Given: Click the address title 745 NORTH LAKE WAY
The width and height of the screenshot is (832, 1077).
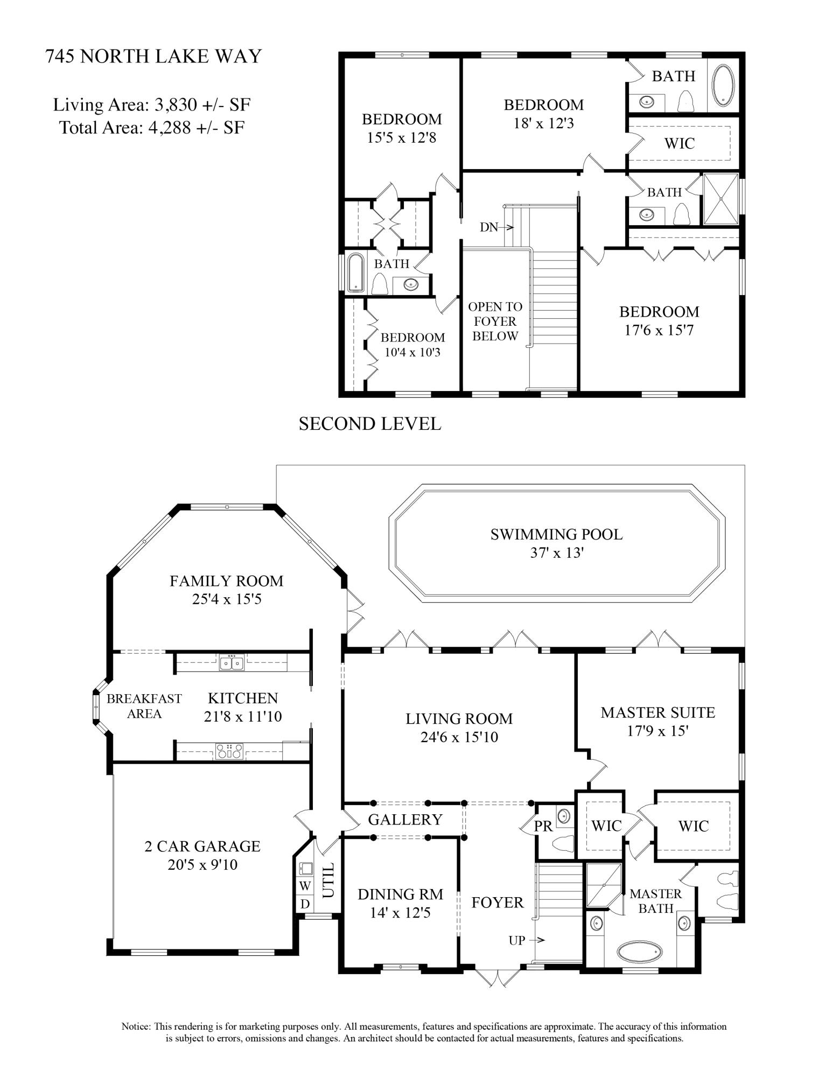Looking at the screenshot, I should pyautogui.click(x=153, y=56).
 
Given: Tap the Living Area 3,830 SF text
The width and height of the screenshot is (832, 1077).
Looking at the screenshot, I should pyautogui.click(x=151, y=104).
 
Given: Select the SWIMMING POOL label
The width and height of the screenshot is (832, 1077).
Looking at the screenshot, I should pyautogui.click(x=556, y=534).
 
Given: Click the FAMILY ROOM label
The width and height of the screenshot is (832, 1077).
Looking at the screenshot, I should pyautogui.click(x=226, y=581).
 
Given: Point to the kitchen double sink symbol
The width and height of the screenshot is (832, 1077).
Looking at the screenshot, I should pyautogui.click(x=232, y=662).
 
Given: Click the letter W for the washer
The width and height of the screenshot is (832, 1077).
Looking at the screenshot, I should pyautogui.click(x=305, y=885).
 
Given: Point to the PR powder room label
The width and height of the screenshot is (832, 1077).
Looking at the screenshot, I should pyautogui.click(x=543, y=826).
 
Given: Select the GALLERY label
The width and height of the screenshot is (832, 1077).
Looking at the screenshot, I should pyautogui.click(x=405, y=819).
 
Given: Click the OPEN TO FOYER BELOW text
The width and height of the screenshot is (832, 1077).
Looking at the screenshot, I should pyautogui.click(x=495, y=321).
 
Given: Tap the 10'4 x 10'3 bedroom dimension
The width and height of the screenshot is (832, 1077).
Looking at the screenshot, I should pyautogui.click(x=412, y=353).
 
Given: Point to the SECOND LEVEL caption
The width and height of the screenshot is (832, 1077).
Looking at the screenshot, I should pyautogui.click(x=370, y=424).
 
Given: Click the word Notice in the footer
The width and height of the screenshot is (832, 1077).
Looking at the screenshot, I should pyautogui.click(x=136, y=1026).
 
